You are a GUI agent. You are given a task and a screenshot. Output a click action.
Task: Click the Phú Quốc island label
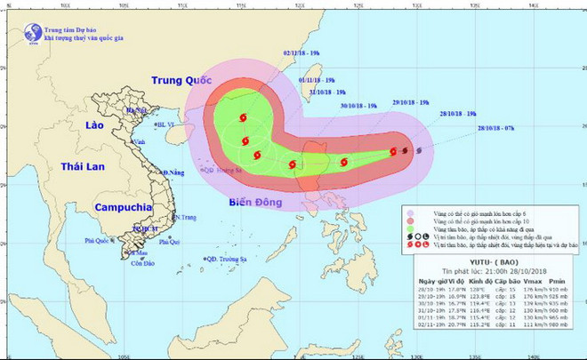(x=100, y=240)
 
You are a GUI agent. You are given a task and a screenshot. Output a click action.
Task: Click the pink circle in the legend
(x=411, y=214)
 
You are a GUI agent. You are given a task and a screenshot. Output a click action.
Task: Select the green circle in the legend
(x=411, y=230)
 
